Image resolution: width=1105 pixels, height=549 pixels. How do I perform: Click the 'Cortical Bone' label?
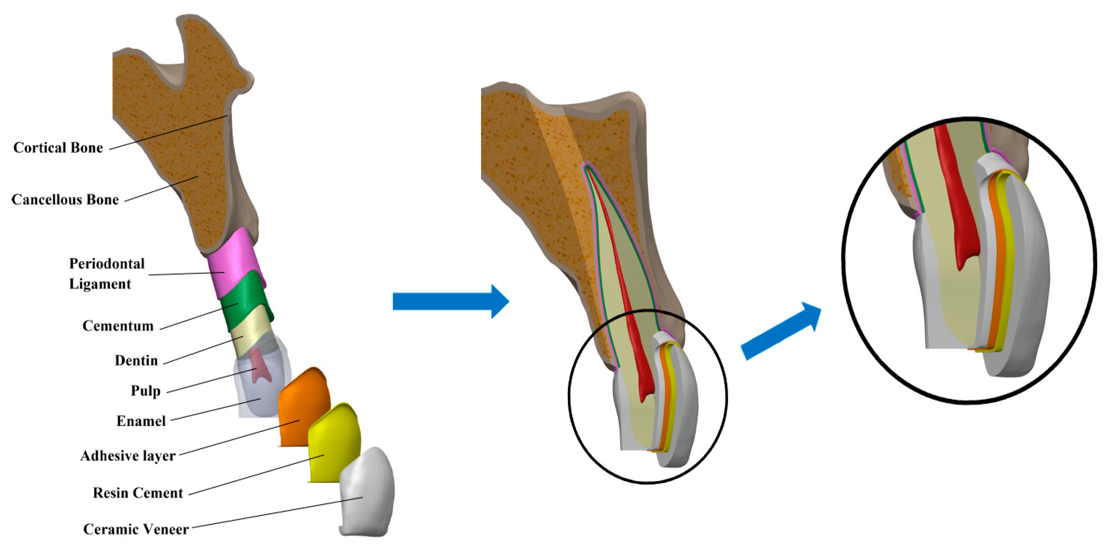coord(58,148)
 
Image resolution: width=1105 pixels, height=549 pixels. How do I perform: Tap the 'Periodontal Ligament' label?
coord(106,274)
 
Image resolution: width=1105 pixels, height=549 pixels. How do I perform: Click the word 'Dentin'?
coord(136,360)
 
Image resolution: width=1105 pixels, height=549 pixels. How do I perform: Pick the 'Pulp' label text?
coord(145,391)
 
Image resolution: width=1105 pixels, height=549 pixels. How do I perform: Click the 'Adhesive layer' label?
coord(128,456)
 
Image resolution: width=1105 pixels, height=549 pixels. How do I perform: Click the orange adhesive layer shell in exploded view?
coord(302,407)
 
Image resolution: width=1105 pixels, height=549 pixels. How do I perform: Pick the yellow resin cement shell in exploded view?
coord(334,443)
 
